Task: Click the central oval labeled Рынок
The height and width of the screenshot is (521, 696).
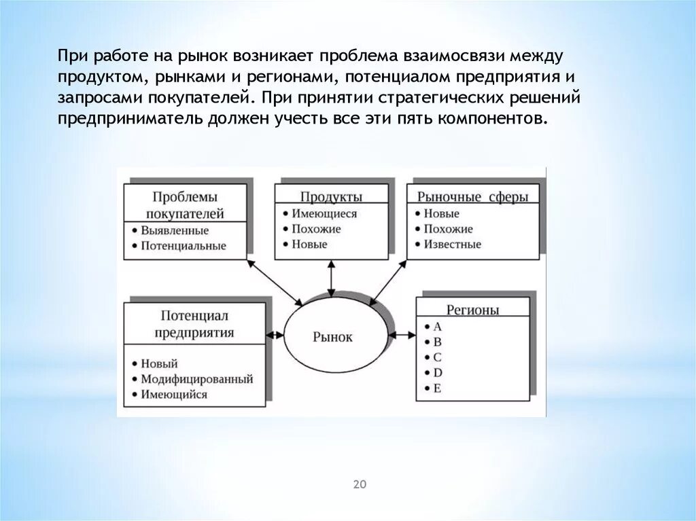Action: pos(333,336)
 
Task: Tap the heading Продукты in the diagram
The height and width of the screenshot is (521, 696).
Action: pos(332,197)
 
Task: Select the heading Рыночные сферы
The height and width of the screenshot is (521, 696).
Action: pos(472,197)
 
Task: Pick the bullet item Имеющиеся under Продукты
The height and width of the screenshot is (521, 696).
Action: pos(324,213)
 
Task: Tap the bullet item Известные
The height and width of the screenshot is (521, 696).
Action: pos(452,245)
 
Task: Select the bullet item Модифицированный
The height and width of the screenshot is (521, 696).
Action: pos(197,379)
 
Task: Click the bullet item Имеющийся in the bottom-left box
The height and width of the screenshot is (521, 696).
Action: pos(174,395)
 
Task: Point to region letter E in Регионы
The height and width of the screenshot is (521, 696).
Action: pos(437,388)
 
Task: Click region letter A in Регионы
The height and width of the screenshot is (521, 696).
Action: pos(437,326)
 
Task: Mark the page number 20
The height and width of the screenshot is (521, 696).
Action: pos(360,484)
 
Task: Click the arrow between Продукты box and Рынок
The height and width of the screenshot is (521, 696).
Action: pos(331,278)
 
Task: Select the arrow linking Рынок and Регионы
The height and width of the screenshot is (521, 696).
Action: pos(403,334)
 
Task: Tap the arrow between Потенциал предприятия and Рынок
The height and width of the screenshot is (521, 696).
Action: pos(275,334)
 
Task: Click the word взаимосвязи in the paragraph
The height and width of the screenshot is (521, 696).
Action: pos(462,54)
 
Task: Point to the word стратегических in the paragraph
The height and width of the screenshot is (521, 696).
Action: pos(434,96)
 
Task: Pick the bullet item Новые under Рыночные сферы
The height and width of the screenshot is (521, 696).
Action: pos(441,213)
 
